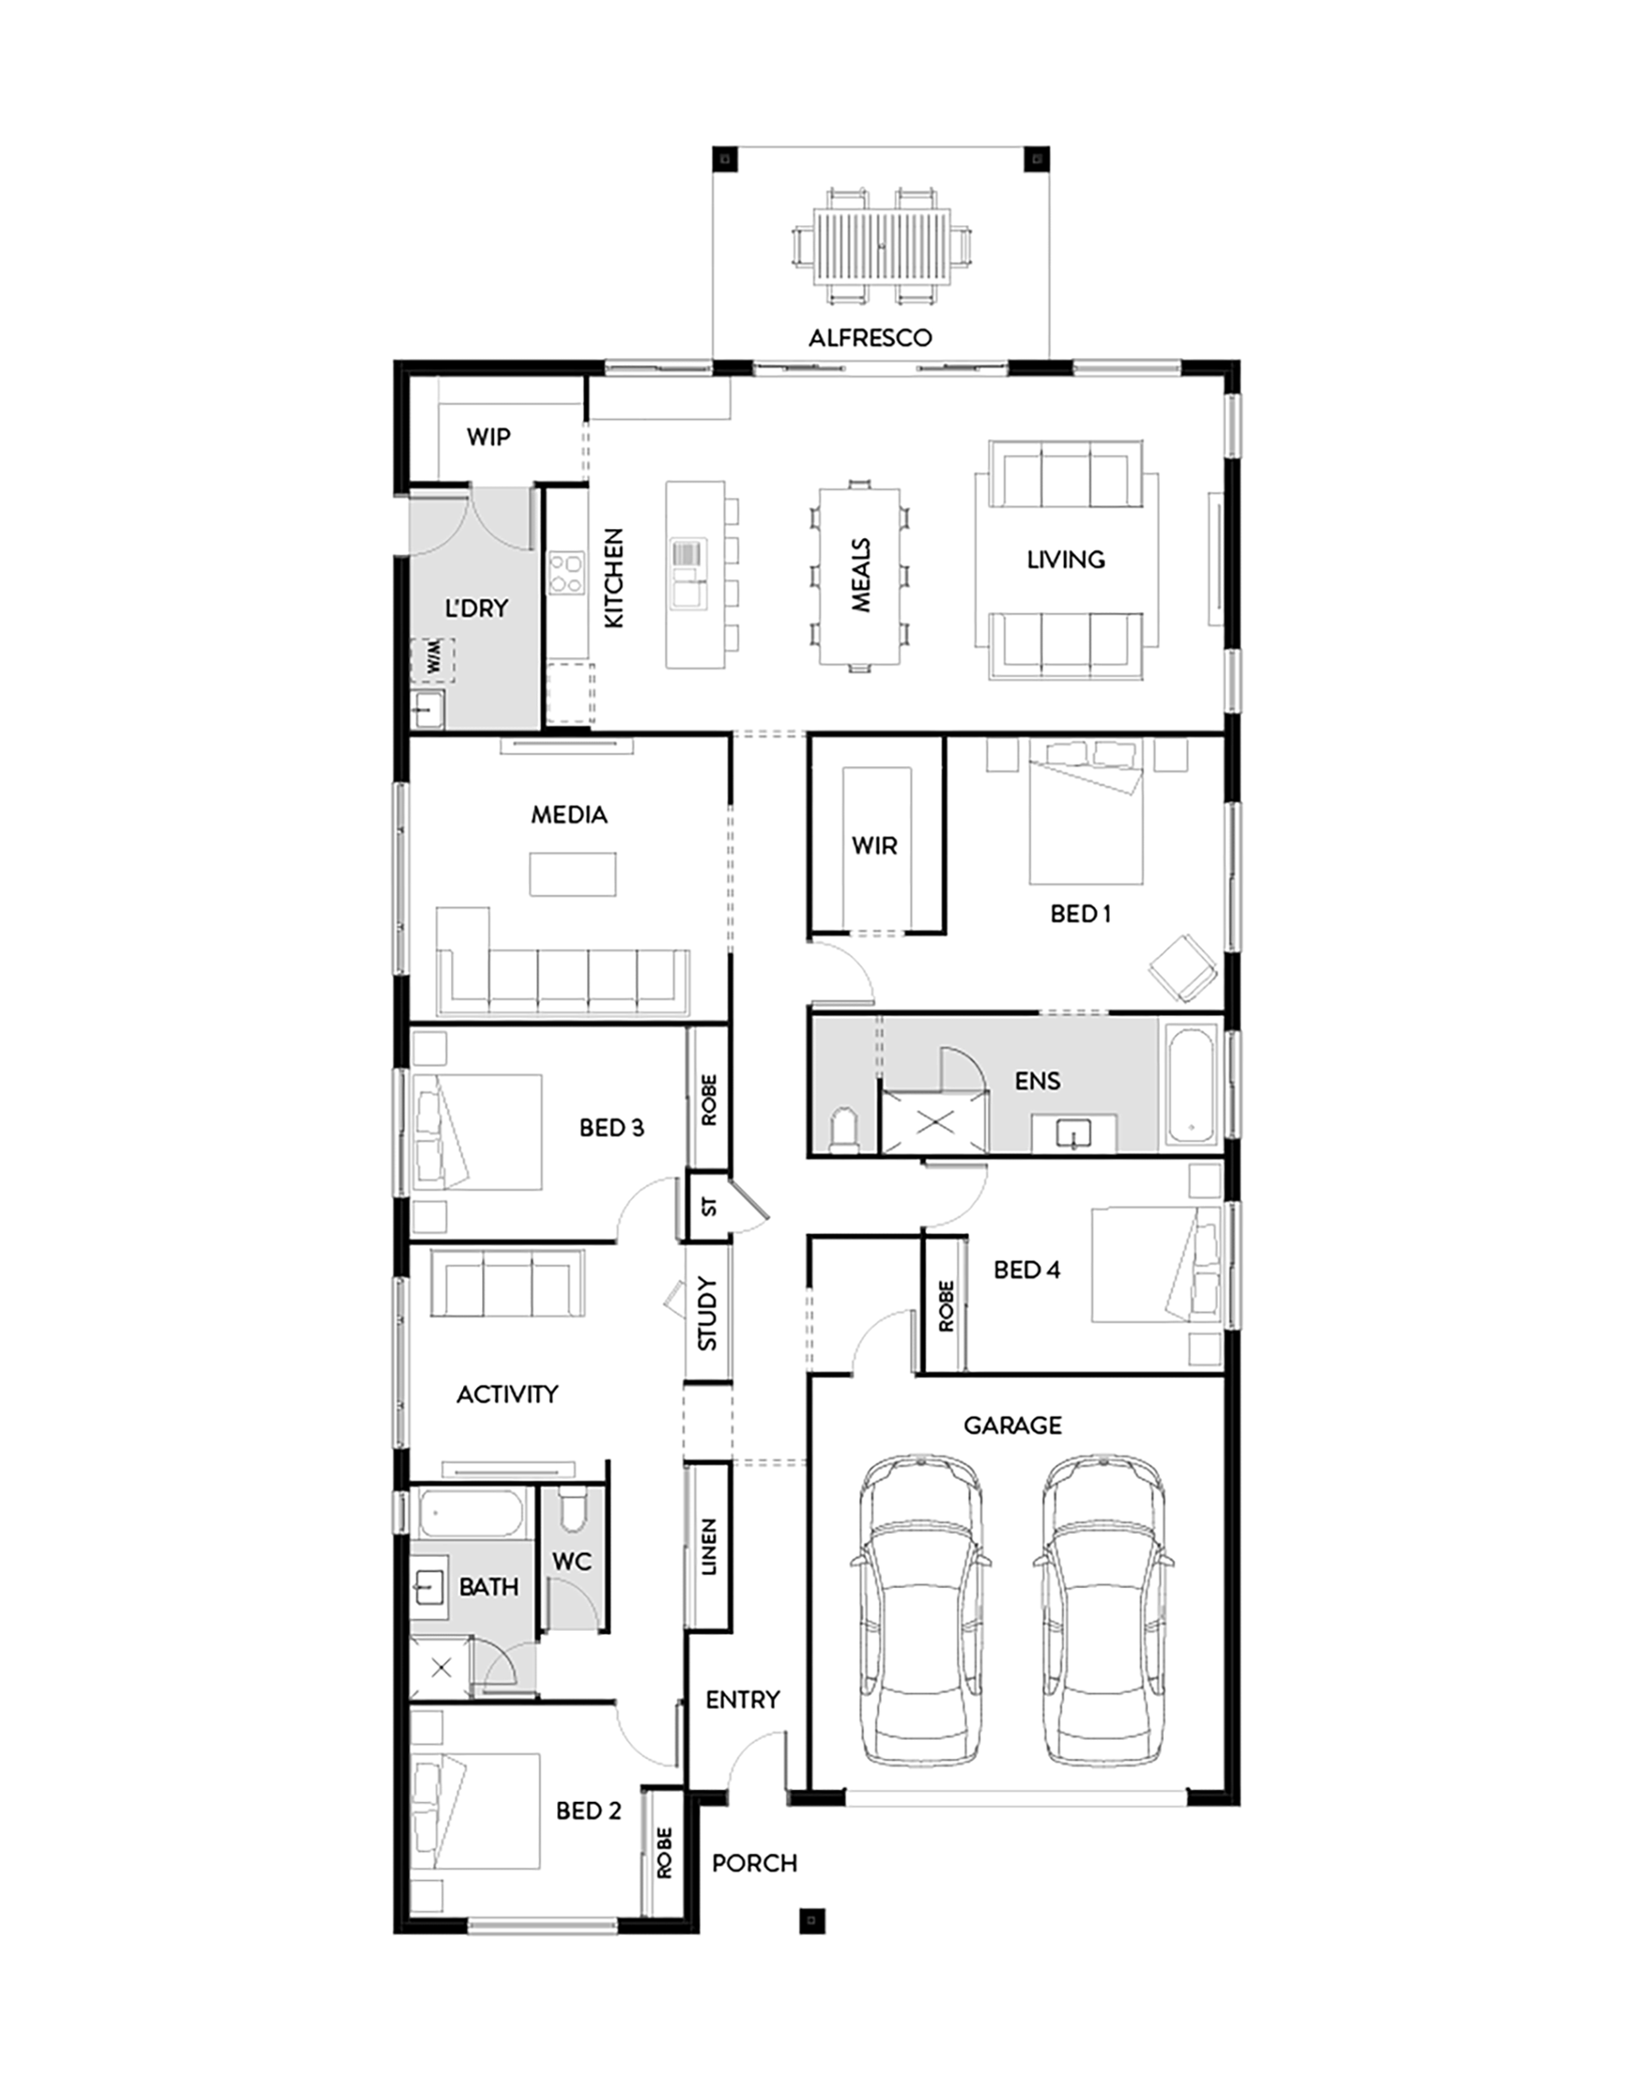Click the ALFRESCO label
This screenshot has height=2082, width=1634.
pyautogui.click(x=870, y=338)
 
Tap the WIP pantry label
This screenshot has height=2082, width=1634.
pyautogui.click(x=488, y=437)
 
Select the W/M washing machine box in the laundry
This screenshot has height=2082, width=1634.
pyautogui.click(x=433, y=659)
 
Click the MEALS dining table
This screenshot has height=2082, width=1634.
pyautogui.click(x=860, y=576)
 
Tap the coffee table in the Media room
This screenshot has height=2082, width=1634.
pyautogui.click(x=572, y=874)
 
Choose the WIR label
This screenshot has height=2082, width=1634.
pyautogui.click(x=875, y=845)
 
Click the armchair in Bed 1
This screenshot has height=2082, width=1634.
pyautogui.click(x=1183, y=968)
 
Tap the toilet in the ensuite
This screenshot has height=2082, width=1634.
pyautogui.click(x=844, y=1130)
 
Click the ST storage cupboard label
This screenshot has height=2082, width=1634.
pyautogui.click(x=709, y=1206)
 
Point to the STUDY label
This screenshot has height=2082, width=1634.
pyautogui.click(x=707, y=1312)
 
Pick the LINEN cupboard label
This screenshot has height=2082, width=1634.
pyautogui.click(x=709, y=1548)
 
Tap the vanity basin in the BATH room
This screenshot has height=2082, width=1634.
pyautogui.click(x=428, y=1587)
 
